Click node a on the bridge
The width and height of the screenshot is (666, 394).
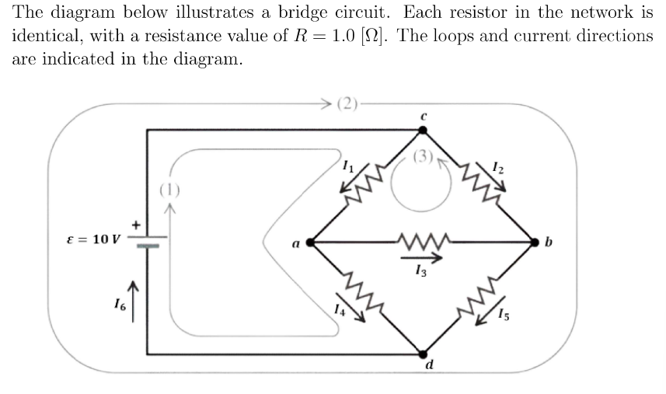pyautogui.click(x=310, y=242)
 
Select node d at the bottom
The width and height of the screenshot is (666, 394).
pyautogui.click(x=422, y=354)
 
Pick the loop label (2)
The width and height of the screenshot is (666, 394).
pyautogui.click(x=350, y=103)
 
